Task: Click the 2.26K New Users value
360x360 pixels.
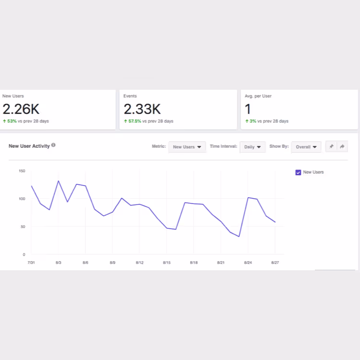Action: coord(21,109)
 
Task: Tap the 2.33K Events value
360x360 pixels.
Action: coord(142,109)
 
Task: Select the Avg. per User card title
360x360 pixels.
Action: coord(258,96)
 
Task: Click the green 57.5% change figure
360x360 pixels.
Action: coord(134,121)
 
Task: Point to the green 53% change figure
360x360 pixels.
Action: coord(12,121)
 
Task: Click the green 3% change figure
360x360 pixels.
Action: coord(252,121)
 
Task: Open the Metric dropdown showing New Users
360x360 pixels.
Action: coord(187,147)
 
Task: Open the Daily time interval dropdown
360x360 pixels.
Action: coord(252,147)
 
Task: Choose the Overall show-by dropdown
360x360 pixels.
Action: coord(306,147)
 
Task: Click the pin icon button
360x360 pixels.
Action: coord(331,146)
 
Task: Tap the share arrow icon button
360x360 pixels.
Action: coord(342,146)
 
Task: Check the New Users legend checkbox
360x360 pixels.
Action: coord(298,172)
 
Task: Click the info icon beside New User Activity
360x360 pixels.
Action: coord(53,145)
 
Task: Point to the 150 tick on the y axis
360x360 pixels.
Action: coord(22,171)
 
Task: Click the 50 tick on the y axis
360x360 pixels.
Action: coord(23,227)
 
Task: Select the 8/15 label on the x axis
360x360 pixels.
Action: coord(167,263)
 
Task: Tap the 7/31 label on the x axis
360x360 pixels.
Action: coord(31,263)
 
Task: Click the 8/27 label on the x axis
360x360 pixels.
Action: coord(275,263)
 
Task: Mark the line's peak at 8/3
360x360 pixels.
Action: coord(59,181)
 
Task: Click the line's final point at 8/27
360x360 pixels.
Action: coord(275,222)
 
